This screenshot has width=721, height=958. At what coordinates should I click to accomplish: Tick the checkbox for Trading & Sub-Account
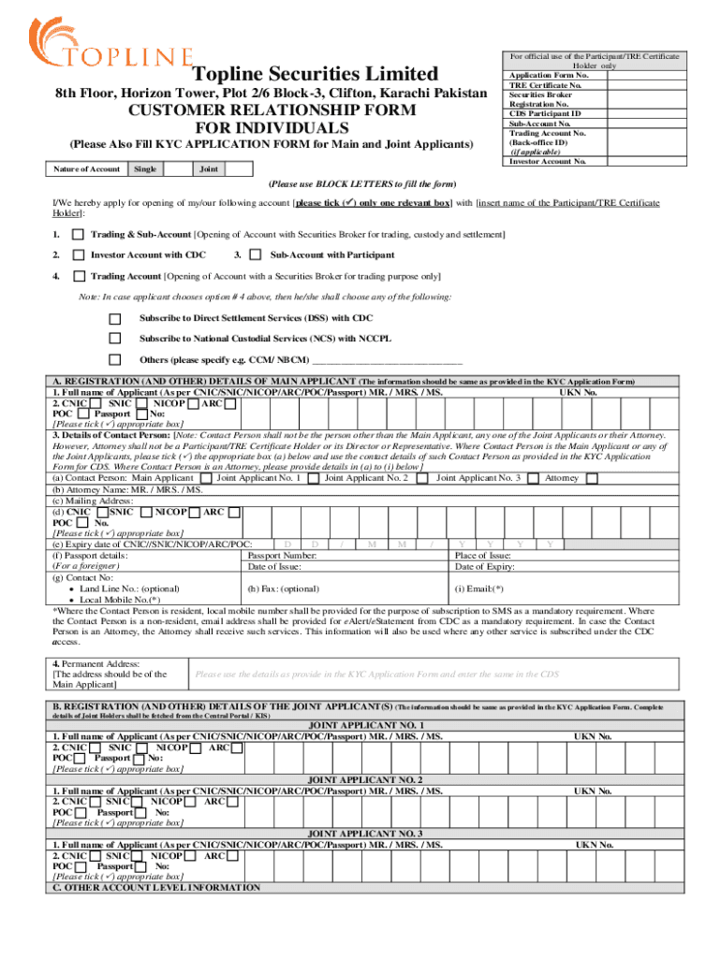[x=79, y=234]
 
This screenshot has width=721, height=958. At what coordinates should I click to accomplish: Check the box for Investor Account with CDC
[x=79, y=255]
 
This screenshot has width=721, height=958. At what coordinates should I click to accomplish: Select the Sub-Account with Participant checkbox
[x=257, y=255]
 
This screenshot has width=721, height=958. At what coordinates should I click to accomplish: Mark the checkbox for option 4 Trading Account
[x=79, y=277]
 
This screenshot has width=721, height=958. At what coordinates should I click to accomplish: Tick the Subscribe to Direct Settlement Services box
[x=115, y=318]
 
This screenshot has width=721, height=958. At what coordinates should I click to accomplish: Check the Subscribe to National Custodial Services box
[x=115, y=339]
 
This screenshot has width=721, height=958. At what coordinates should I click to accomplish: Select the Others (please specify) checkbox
[x=115, y=359]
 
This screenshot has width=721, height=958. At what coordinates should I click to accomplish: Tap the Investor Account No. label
[x=548, y=161]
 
